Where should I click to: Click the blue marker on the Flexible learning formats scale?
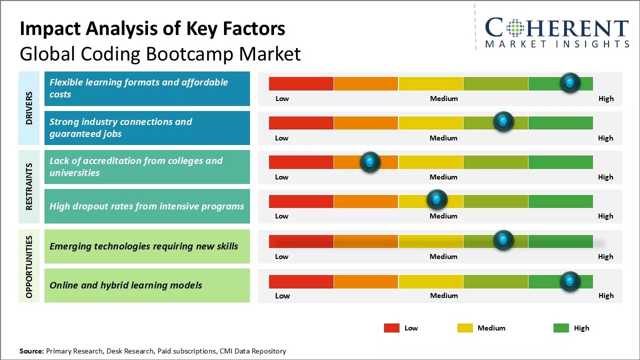click(x=570, y=82)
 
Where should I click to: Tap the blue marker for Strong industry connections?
click(x=503, y=122)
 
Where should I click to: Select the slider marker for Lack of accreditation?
click(x=370, y=162)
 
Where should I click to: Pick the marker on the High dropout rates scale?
click(x=437, y=200)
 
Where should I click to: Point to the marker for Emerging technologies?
click(x=503, y=240)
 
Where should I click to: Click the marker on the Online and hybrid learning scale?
click(x=570, y=282)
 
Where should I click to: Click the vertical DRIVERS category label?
click(x=29, y=108)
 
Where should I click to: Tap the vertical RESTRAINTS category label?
click(x=29, y=186)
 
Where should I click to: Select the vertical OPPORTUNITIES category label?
click(x=29, y=266)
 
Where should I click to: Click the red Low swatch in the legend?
click(x=391, y=328)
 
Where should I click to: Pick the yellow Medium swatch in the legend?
click(x=465, y=328)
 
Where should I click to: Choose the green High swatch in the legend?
click(x=561, y=328)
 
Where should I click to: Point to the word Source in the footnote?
click(x=31, y=351)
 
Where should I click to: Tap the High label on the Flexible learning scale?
click(x=605, y=98)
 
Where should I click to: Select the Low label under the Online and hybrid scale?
click(x=282, y=295)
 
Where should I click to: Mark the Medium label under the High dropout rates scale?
click(x=443, y=216)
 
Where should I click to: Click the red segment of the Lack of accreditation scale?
click(x=301, y=162)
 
